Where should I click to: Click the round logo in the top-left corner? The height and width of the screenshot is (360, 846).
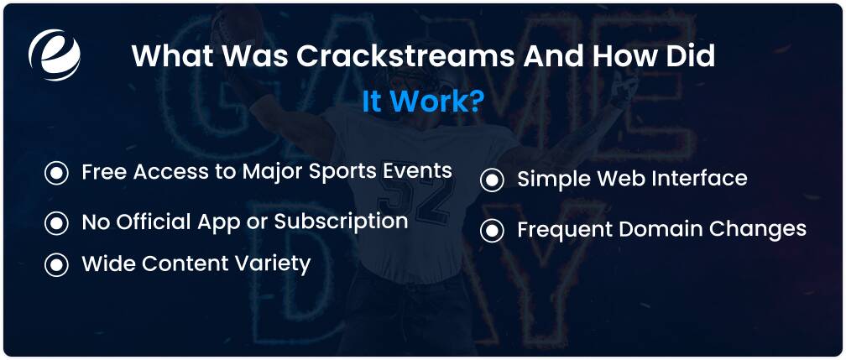tap(55, 55)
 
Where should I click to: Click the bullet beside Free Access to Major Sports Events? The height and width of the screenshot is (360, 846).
tap(57, 173)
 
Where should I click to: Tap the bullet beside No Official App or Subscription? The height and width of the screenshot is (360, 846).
tap(57, 223)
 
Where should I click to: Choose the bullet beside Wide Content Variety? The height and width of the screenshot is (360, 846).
tap(57, 265)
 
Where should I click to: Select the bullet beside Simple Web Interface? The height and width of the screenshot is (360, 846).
tap(492, 180)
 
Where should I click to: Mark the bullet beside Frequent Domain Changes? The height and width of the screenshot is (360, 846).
tap(492, 231)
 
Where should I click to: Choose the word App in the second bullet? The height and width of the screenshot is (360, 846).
tap(226, 222)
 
